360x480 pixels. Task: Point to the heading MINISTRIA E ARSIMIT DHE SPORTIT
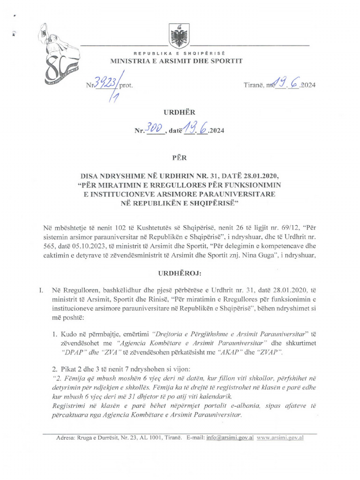click(176, 61)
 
